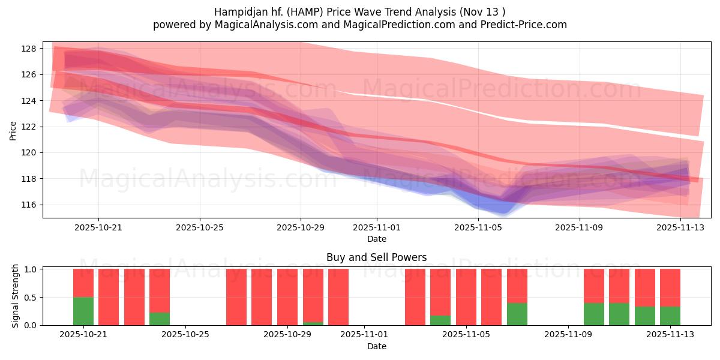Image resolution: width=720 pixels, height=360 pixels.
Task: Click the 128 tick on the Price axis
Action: [30, 49]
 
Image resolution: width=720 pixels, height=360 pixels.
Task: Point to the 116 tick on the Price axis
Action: [30, 205]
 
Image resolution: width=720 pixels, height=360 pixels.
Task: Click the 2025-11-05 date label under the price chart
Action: [478, 228]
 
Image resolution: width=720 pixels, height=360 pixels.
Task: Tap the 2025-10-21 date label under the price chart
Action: [98, 228]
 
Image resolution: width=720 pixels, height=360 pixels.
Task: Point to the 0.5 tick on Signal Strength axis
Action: [32, 297]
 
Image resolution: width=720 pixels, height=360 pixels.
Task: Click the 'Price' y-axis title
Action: [13, 130]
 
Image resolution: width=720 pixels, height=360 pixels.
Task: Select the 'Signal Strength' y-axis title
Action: [16, 296]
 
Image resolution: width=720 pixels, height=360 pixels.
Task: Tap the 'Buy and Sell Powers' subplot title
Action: [376, 257]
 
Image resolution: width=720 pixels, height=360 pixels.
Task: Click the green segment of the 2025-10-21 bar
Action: [83, 311]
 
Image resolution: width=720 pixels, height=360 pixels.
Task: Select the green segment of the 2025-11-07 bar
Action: [517, 314]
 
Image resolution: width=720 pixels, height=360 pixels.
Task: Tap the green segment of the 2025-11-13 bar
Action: [670, 316]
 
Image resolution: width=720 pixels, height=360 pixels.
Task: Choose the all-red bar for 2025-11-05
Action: [466, 297]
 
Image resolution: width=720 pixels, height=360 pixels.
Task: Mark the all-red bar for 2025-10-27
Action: [236, 297]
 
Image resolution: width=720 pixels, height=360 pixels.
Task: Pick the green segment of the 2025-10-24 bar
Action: [160, 319]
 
